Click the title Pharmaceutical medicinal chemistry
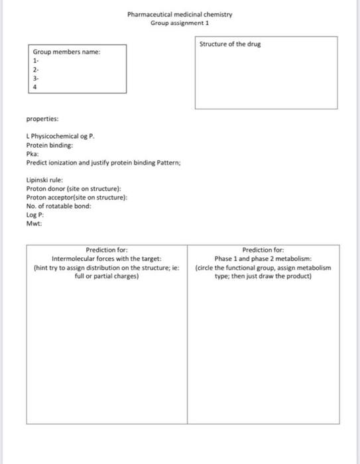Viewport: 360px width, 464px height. tap(180, 14)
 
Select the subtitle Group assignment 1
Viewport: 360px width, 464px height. tap(180, 22)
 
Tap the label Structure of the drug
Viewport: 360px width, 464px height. tap(230, 44)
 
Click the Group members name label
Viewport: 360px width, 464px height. tap(67, 52)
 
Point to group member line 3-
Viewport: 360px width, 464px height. tap(36, 77)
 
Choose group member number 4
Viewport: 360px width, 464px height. tap(35, 85)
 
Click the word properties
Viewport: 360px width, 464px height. tap(42, 119)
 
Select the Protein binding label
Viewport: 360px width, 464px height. tap(50, 145)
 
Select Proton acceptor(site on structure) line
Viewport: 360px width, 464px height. tap(76, 198)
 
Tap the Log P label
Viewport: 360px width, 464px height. tap(34, 215)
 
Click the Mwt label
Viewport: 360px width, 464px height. tap(34, 223)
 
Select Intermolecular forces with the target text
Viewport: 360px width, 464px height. tap(107, 259)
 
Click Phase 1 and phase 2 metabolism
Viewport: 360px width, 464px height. tap(263, 259)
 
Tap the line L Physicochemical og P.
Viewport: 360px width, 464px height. tap(60, 137)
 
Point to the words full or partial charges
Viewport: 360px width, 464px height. tap(107, 276)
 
